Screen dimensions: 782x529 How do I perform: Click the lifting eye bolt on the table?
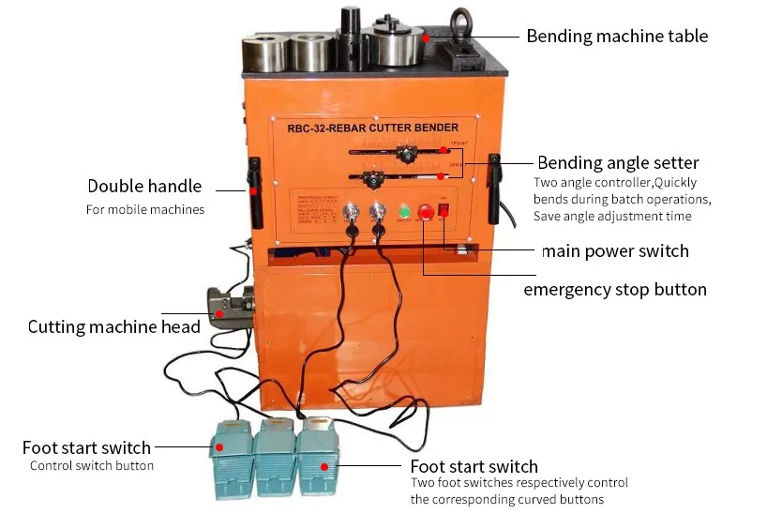(x=461, y=20)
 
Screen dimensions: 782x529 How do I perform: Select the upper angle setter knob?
(x=407, y=154)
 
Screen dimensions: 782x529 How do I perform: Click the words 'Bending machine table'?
(x=617, y=37)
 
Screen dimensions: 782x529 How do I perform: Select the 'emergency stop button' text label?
(x=614, y=289)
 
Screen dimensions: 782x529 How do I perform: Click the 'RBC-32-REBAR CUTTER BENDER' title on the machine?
(x=372, y=128)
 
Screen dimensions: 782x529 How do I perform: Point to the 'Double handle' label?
(x=144, y=187)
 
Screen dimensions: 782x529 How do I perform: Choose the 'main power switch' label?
(x=614, y=251)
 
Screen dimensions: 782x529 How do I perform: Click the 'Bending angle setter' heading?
(x=618, y=163)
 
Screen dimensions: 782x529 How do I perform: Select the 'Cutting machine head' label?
(x=113, y=327)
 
